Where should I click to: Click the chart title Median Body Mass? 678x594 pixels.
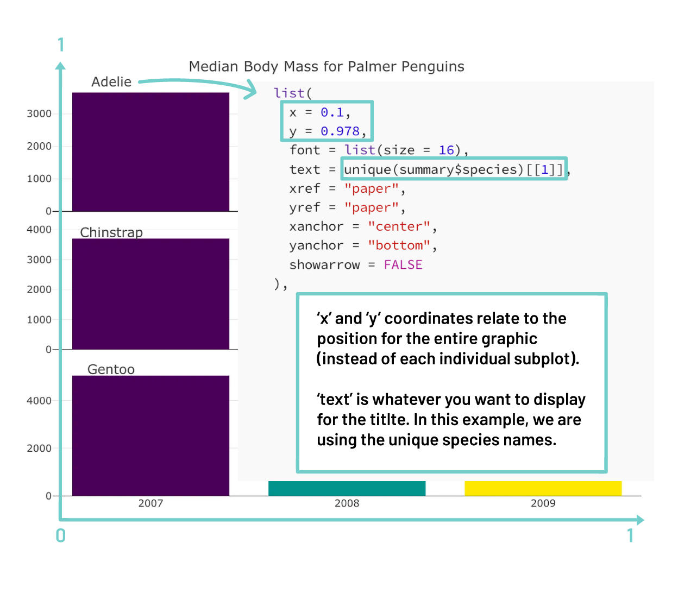coord(326,67)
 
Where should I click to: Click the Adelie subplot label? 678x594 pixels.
coord(111,82)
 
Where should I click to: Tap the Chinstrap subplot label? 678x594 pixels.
coord(111,232)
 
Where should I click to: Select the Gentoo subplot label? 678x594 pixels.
coord(111,369)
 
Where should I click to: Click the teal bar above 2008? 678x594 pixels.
coord(347,488)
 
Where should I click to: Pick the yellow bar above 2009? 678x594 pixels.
coord(543,488)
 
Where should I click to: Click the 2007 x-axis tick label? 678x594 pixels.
coord(150,503)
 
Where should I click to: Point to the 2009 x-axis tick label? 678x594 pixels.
coord(543,503)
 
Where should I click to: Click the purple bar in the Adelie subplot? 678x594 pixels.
coord(150,152)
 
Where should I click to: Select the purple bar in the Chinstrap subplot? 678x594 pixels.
coord(150,294)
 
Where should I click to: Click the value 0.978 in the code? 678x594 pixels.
coord(340,131)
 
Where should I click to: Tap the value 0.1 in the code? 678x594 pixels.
coord(332,112)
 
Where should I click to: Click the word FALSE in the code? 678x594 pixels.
coord(403,265)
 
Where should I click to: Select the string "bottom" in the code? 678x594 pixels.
coord(399,245)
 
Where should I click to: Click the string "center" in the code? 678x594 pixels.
coord(399,226)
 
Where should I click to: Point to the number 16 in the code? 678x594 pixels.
coord(446,150)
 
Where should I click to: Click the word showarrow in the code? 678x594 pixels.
coord(324,265)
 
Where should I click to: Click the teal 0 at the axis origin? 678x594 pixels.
coord(61,536)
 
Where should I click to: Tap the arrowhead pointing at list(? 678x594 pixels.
coord(251,90)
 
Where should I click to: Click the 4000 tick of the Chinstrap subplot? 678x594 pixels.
coord(39,230)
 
